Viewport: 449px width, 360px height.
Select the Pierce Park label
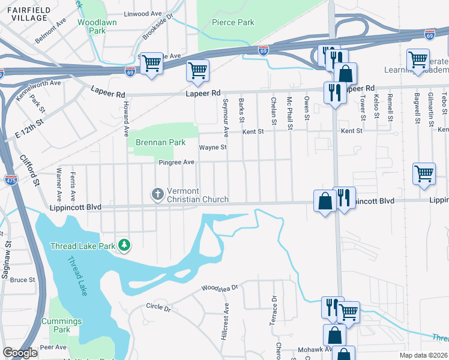tap(233, 23)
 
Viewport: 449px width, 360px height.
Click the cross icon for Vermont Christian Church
tap(157, 194)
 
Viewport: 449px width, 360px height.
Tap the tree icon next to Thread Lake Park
tap(124, 245)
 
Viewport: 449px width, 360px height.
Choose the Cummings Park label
tap(64, 325)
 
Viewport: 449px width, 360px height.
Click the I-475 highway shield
tap(10, 179)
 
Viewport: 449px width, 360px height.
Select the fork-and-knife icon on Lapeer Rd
tap(333, 92)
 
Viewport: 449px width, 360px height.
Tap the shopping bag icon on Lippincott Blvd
tap(325, 200)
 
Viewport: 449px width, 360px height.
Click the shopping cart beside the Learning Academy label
tap(417, 59)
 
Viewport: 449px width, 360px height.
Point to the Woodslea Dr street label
tap(220, 289)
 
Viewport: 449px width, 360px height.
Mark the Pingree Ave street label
tap(176, 163)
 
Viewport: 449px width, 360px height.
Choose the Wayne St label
tap(213, 147)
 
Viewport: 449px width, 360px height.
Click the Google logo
tap(20, 353)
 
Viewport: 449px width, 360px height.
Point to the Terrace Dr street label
tap(274, 307)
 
